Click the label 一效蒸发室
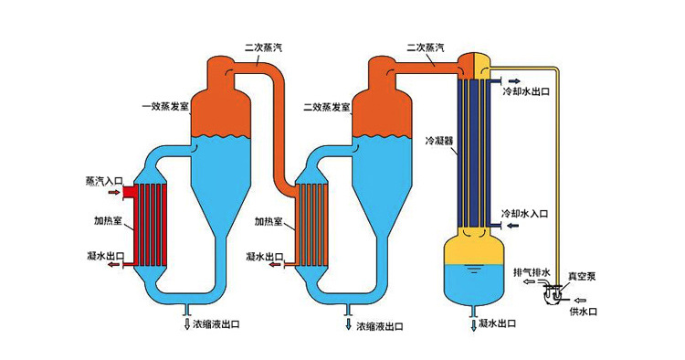click(x=164, y=107)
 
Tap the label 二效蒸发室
click(x=325, y=107)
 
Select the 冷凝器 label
click(x=439, y=142)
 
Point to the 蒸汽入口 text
click(x=103, y=181)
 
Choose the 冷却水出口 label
click(x=526, y=92)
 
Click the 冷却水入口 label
click(x=525, y=213)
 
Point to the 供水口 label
click(x=584, y=312)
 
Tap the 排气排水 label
click(x=531, y=272)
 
